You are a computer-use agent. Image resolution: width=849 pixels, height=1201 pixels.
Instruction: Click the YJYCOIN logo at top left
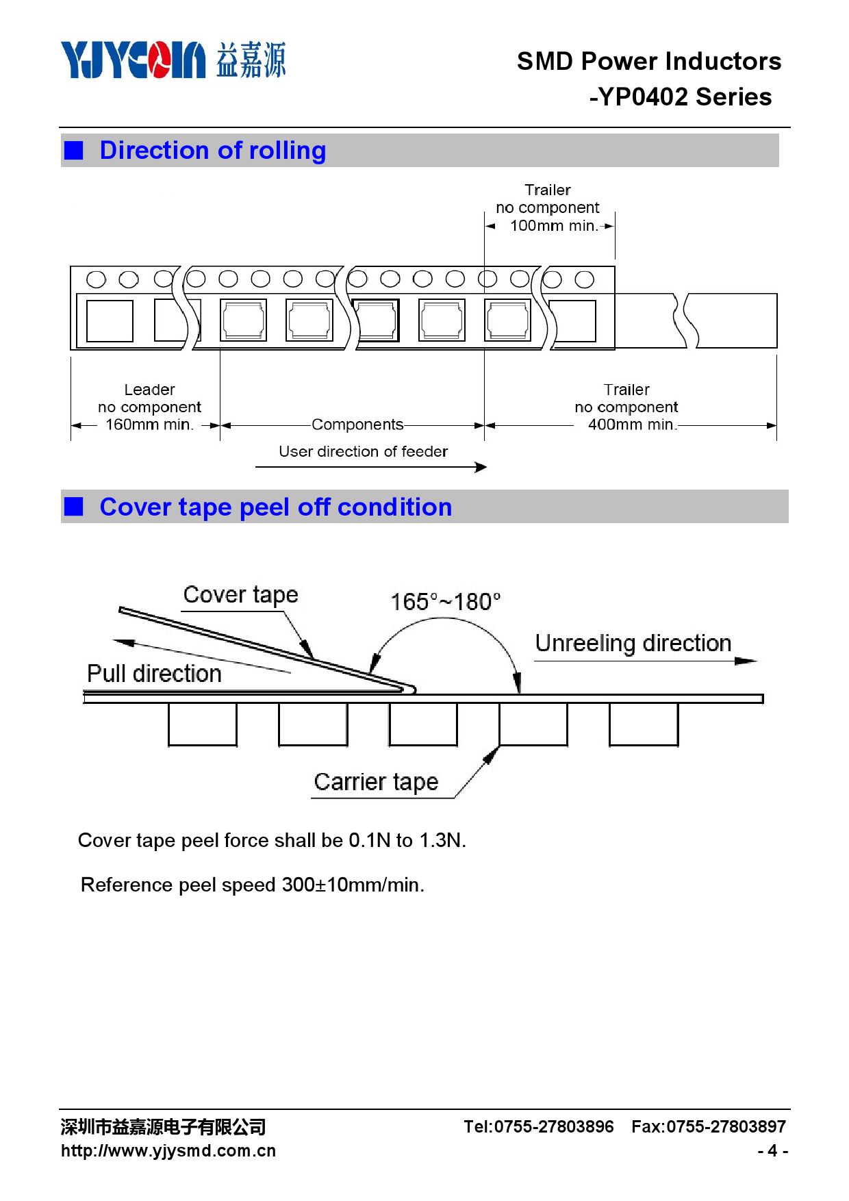pyautogui.click(x=134, y=60)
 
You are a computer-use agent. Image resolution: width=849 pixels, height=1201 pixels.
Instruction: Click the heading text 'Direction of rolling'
pyautogui.click(x=213, y=151)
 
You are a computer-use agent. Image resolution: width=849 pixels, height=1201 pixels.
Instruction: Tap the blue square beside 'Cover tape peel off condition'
pyautogui.click(x=73, y=507)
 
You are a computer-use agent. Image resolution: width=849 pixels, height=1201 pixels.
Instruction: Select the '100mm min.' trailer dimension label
pyautogui.click(x=553, y=226)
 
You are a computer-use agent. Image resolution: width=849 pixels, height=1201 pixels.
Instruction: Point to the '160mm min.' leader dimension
pyautogui.click(x=149, y=425)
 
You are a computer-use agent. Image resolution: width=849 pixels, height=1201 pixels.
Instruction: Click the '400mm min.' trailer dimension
pyautogui.click(x=631, y=425)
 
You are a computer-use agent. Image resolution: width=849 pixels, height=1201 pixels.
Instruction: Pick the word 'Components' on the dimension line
pyautogui.click(x=357, y=425)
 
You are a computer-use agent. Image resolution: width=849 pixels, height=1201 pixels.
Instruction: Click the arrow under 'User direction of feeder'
pyautogui.click(x=370, y=467)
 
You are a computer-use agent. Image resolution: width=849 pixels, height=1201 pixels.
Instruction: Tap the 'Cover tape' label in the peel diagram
pyautogui.click(x=240, y=594)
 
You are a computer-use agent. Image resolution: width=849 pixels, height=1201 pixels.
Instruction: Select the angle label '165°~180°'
pyautogui.click(x=445, y=602)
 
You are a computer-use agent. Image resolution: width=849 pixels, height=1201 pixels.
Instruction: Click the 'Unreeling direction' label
pyautogui.click(x=633, y=643)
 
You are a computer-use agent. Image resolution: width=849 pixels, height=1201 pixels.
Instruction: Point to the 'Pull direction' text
pyautogui.click(x=154, y=674)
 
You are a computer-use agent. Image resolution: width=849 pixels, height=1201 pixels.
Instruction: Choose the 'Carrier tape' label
pyautogui.click(x=376, y=782)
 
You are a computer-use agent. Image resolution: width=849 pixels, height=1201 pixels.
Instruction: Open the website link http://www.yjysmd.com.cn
pyautogui.click(x=168, y=1151)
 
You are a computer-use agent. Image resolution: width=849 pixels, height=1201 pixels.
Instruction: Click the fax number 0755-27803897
pyautogui.click(x=726, y=1126)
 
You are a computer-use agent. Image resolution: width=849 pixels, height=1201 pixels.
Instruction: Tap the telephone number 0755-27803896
pyautogui.click(x=553, y=1126)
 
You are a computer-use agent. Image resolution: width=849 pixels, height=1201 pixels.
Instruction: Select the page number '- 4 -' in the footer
pyautogui.click(x=772, y=1151)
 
